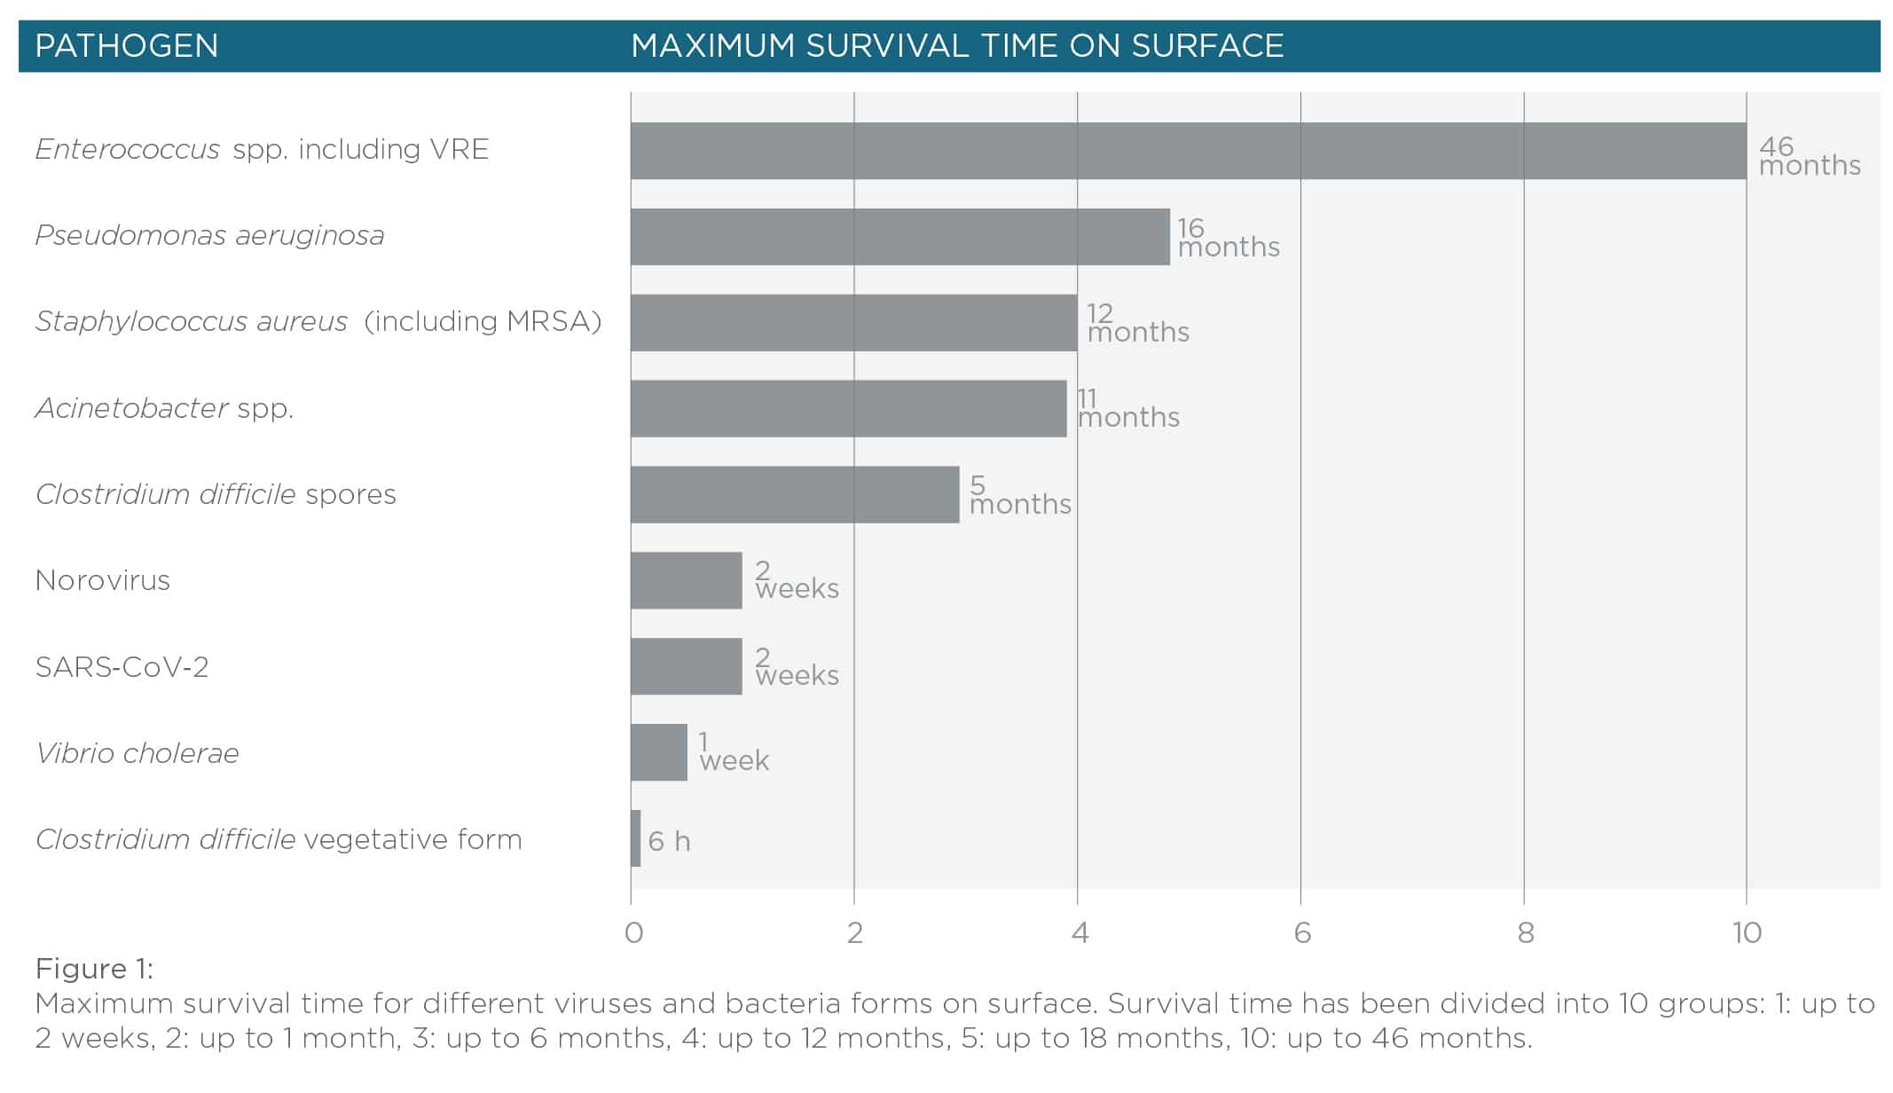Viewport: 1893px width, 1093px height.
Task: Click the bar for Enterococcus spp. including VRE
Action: (x=1188, y=151)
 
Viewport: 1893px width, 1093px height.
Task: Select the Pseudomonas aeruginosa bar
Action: (x=899, y=237)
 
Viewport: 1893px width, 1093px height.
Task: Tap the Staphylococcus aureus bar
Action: (x=853, y=323)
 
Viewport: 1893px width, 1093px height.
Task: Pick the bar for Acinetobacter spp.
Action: (x=848, y=409)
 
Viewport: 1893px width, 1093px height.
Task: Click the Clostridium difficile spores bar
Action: (x=795, y=495)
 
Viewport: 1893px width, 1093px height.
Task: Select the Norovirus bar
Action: (x=686, y=580)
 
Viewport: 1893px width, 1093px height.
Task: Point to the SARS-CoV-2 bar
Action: (x=686, y=666)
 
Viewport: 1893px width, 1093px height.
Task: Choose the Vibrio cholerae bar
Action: (x=658, y=752)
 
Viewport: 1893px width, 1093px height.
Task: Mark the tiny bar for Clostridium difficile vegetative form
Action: (x=635, y=838)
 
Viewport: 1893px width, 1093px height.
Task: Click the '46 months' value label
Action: (x=1809, y=156)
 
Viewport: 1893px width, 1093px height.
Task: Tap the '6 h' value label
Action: (x=669, y=841)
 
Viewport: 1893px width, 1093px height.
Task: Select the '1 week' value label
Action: (x=734, y=751)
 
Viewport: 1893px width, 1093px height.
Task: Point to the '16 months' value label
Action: (x=1228, y=238)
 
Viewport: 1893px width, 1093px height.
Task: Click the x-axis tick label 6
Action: (x=1301, y=932)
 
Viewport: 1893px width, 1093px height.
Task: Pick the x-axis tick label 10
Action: (x=1747, y=932)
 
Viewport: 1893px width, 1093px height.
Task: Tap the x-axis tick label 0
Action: (x=633, y=932)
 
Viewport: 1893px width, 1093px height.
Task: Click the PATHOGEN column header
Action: (x=126, y=46)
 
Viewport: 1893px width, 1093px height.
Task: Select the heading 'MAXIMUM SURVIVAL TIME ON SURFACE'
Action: (x=957, y=46)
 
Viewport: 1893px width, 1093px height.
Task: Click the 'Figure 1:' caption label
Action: (x=94, y=968)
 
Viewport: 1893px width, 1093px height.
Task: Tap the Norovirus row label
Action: (x=103, y=580)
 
